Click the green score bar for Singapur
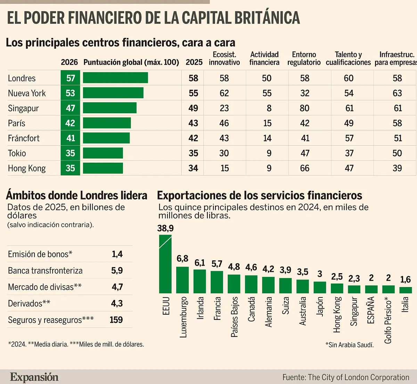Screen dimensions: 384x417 pos(109,108)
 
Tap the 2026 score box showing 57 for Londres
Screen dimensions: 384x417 pos(71,78)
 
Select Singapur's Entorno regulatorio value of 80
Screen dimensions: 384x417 pos(304,108)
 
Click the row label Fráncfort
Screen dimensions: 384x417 pos(24,138)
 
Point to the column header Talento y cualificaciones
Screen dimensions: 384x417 pos(348,58)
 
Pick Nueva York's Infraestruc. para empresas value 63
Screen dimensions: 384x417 pos(397,93)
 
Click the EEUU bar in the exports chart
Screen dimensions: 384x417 pos(165,264)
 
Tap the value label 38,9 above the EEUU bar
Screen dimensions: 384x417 pos(165,228)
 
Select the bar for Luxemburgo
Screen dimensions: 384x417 pos(182,280)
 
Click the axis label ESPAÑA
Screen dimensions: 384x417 pos(371,310)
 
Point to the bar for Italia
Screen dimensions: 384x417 pos(406,290)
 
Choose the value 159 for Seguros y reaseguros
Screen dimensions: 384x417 pos(116,320)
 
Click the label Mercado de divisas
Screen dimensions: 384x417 pos(44,287)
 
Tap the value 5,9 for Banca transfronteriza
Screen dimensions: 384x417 pos(117,271)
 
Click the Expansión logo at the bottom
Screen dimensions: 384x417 pos(34,377)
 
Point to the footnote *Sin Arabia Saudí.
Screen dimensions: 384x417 pos(349,345)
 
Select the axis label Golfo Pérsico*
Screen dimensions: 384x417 pos(388,320)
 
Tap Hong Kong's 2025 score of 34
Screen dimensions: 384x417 pos(193,168)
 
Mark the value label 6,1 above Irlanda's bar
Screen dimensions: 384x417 pos(199,263)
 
